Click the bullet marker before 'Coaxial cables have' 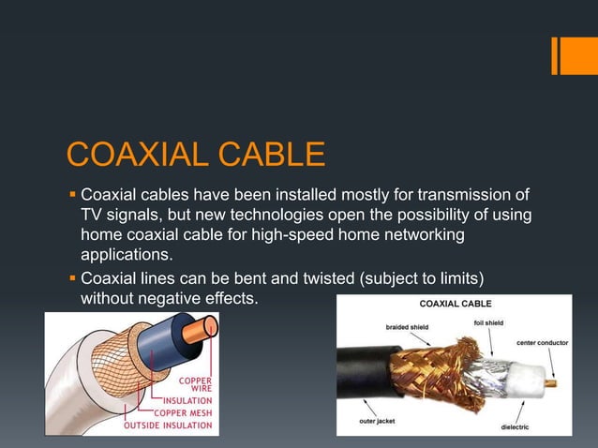(71, 196)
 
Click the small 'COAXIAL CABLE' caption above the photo (455, 304)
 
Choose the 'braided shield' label (407, 327)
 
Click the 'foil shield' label (488, 322)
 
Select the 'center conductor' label (541, 343)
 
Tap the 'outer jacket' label (377, 421)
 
